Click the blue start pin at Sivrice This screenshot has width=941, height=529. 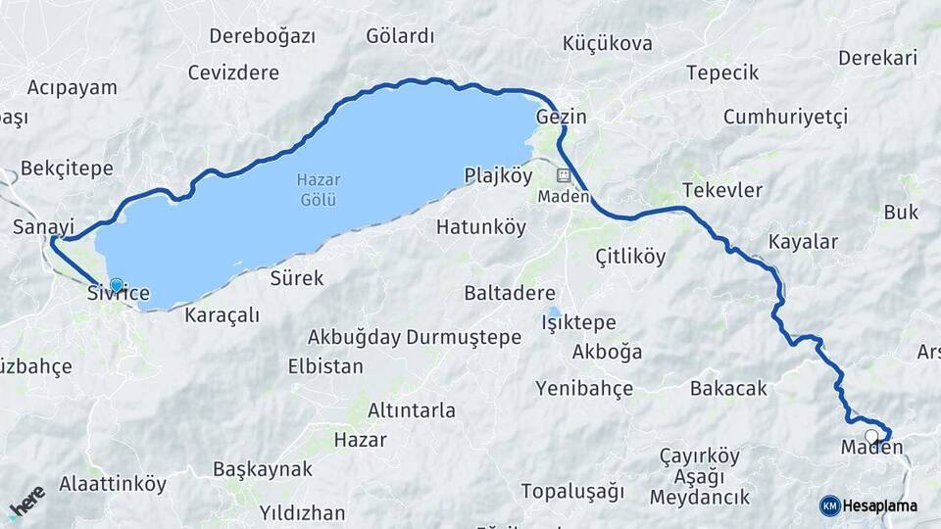pos(117,285)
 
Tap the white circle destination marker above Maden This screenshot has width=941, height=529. pos(871,436)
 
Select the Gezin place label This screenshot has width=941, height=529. pos(562,117)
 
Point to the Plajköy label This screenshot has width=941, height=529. pos(497,175)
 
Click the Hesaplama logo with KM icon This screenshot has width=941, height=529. pos(869,505)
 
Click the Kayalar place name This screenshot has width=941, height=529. pos(803,241)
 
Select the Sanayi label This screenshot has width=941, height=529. pos(44,226)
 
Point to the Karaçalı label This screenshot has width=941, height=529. pos(222,314)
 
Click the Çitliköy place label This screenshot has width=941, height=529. pos(630,257)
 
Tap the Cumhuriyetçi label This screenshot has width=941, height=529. pos(784,118)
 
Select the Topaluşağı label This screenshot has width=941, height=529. pos(571,490)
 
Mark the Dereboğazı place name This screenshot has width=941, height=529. pos(262,36)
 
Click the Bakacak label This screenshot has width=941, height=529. pos(728,389)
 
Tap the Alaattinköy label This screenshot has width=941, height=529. pos(113,483)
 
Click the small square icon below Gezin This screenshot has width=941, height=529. pos(564,176)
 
